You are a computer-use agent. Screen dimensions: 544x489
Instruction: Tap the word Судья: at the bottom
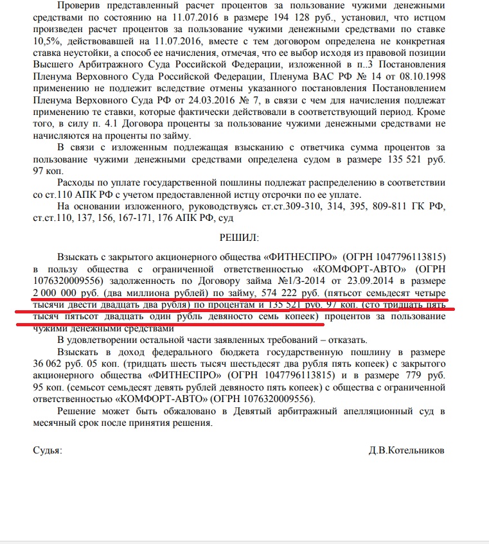[x=48, y=450]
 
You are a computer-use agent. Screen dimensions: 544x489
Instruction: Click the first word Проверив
[x=77, y=4]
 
